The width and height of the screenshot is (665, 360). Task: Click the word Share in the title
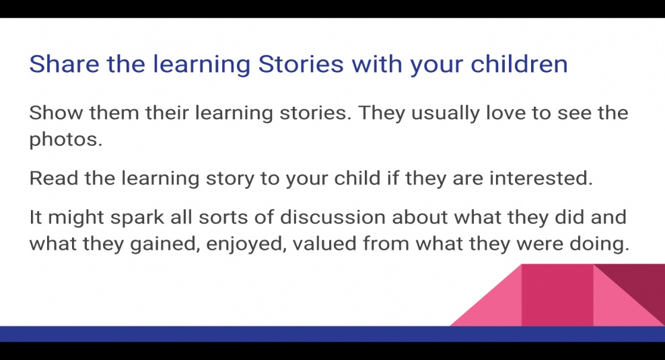(x=64, y=64)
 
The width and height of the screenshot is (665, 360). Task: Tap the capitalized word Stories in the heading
(x=301, y=64)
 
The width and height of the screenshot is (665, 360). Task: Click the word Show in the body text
(x=56, y=113)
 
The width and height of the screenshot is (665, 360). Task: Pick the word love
(x=505, y=113)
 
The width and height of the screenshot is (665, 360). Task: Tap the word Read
(x=53, y=178)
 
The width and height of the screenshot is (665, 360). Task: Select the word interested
(x=540, y=178)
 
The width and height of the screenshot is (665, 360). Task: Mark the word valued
(x=324, y=244)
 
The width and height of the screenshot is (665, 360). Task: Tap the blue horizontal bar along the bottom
(x=332, y=334)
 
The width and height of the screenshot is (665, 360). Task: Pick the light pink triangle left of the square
(x=501, y=306)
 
